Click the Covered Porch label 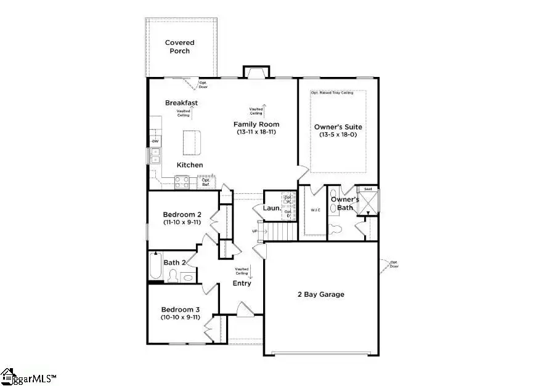[180, 47]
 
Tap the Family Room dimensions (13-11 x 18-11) [256, 132]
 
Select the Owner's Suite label [338, 127]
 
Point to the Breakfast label [181, 103]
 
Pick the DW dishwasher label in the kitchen [155, 142]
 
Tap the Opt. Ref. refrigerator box [206, 182]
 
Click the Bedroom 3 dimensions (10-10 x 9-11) [181, 318]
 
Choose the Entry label [242, 283]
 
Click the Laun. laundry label [272, 208]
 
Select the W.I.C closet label [316, 210]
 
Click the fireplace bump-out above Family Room [256, 72]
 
